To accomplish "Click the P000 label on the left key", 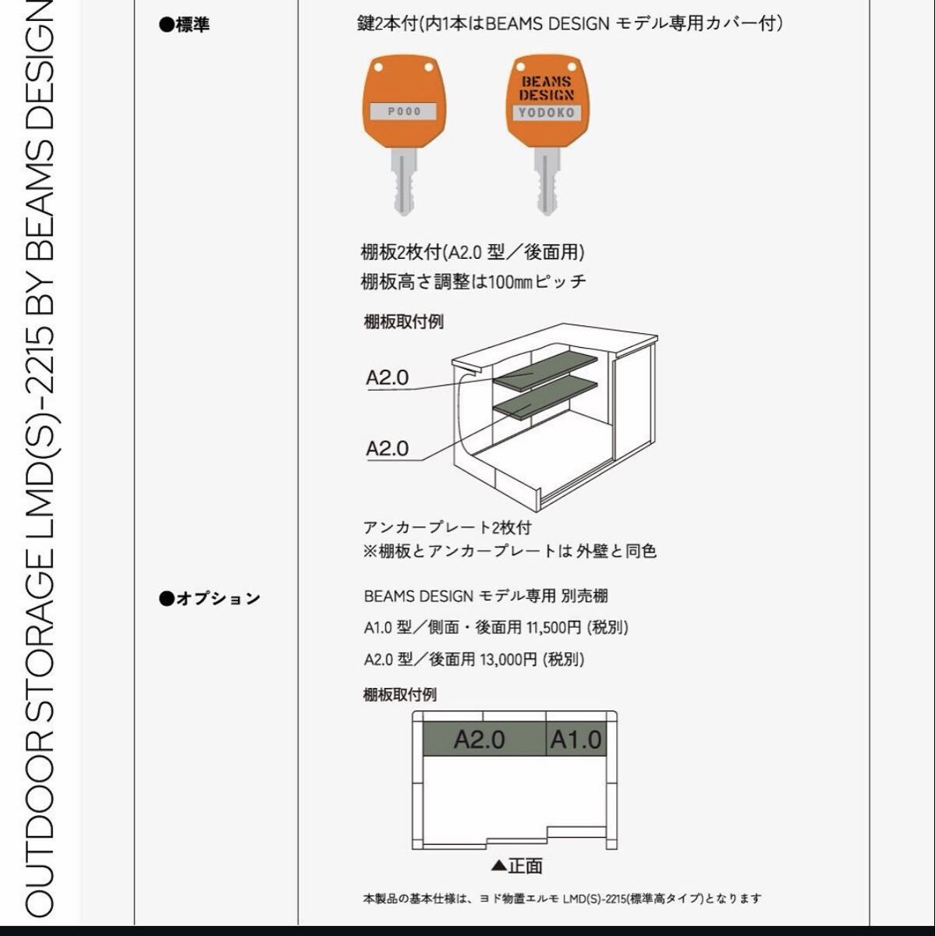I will coord(404,112).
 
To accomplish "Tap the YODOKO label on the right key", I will coord(547,113).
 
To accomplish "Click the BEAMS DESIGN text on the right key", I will coord(547,88).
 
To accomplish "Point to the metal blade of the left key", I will coord(404,183).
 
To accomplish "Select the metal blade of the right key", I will coord(547,183).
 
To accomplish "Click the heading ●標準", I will coord(184,25).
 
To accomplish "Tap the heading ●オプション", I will coord(209,599).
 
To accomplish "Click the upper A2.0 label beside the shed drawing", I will coord(388,378).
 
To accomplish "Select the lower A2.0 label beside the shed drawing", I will coord(388,448).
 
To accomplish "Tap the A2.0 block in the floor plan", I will coord(480,739).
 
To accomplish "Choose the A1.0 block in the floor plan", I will coord(576,739).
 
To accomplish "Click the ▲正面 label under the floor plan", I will coord(517,866).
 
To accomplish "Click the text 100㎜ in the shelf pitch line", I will coord(509,282).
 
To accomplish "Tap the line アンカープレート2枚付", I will coord(448,528).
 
